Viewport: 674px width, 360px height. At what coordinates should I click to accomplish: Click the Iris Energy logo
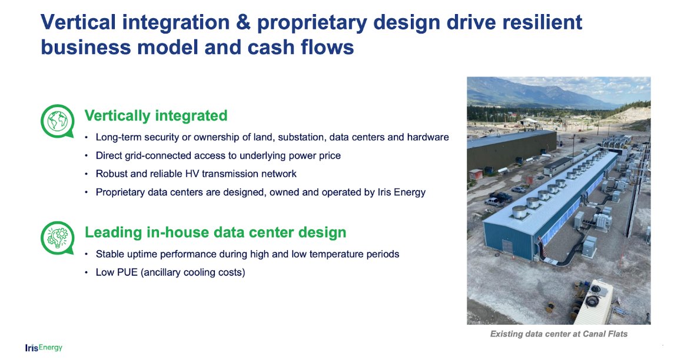point(44,348)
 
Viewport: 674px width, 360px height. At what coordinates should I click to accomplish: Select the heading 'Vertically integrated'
point(156,115)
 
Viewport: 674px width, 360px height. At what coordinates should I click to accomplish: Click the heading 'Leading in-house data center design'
point(215,232)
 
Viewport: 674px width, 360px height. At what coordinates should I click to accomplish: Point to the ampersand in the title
point(243,22)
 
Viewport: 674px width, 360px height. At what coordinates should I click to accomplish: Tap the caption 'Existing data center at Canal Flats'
point(559,334)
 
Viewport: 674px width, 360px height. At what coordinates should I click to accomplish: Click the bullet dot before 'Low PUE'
point(87,273)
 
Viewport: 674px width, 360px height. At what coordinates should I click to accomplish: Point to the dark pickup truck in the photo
point(501,197)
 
